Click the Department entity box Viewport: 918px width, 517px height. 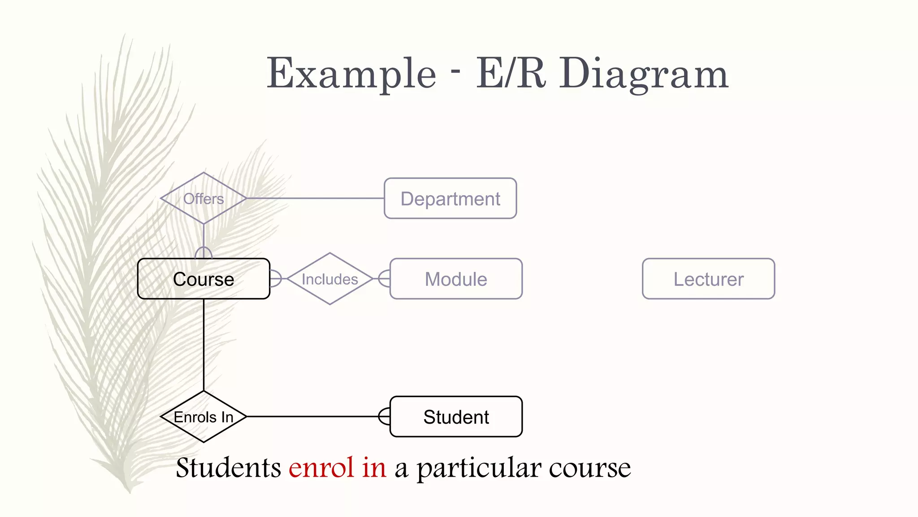click(450, 198)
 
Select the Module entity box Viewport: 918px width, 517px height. click(456, 279)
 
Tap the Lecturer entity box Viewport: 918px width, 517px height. click(708, 279)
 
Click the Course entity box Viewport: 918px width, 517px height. click(204, 279)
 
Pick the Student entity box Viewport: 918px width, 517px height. click(456, 416)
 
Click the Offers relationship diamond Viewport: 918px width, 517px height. click(204, 198)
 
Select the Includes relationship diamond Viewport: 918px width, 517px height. click(330, 279)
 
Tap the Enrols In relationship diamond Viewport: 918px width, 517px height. click(204, 416)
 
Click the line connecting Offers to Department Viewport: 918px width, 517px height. click(314, 198)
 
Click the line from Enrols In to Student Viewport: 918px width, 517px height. click(314, 416)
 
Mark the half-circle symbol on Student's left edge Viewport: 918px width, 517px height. click(384, 416)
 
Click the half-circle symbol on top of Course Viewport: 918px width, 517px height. click(204, 253)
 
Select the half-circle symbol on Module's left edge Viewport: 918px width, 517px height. click(384, 279)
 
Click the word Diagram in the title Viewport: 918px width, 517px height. click(644, 74)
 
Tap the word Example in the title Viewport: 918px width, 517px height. click(351, 74)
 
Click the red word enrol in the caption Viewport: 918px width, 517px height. click(321, 468)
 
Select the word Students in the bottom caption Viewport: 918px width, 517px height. click(228, 468)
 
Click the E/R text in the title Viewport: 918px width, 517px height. click(511, 74)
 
